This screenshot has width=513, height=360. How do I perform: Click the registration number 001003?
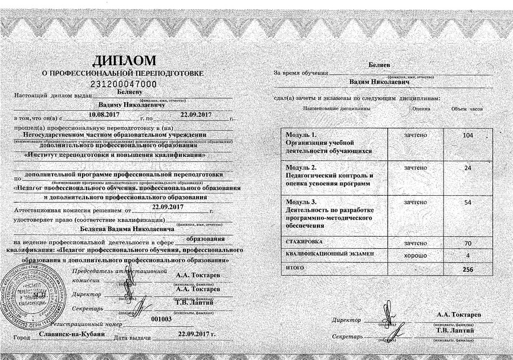(x=162, y=319)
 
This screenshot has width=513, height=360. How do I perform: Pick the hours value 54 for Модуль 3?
(x=468, y=203)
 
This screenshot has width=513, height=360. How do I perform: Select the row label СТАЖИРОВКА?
(x=303, y=243)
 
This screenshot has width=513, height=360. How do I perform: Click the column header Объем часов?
(x=467, y=108)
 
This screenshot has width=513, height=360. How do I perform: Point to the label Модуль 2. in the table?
(x=301, y=168)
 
